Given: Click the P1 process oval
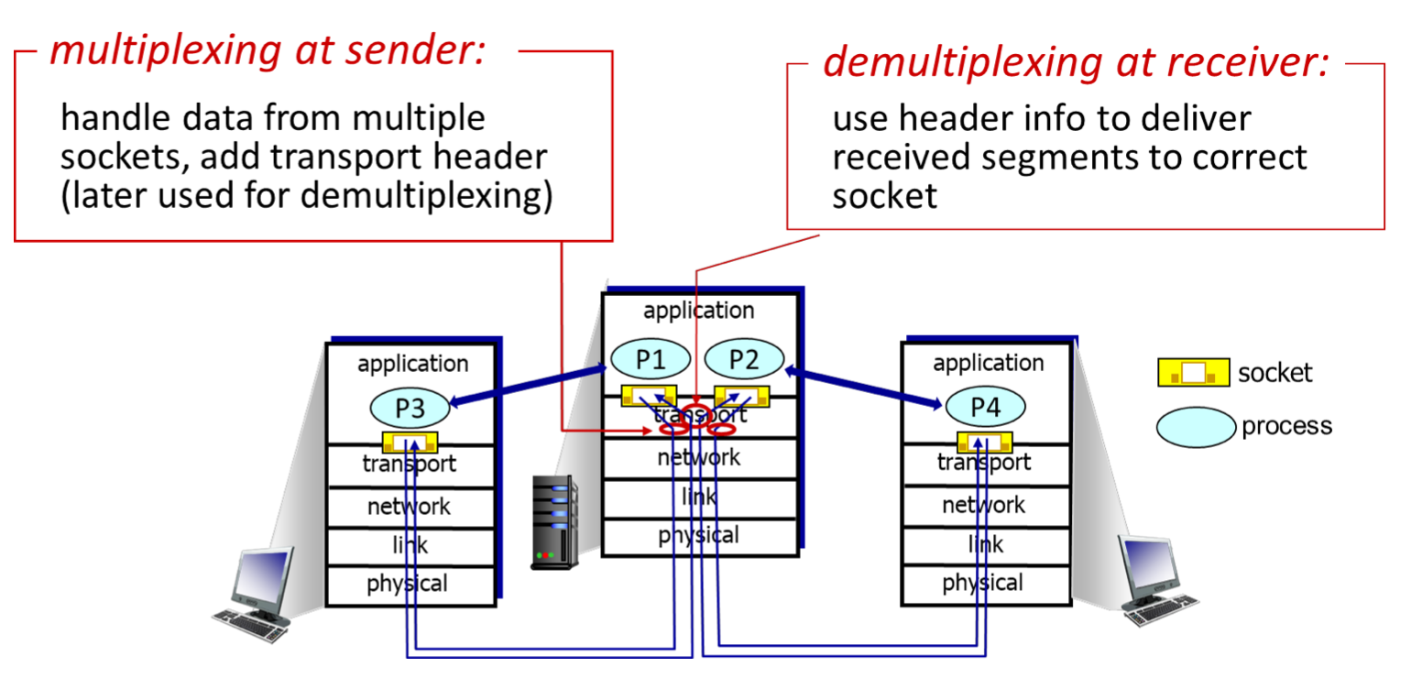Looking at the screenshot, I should (x=650, y=359).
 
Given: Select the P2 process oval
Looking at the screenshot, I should (x=744, y=359).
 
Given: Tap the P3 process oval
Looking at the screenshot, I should (x=410, y=409).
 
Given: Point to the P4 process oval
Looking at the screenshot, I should (x=985, y=408).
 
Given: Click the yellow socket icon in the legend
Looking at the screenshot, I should (x=1193, y=373).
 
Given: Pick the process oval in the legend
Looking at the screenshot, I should (x=1196, y=426).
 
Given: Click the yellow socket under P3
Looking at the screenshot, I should (x=410, y=443).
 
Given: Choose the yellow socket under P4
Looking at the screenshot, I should (x=985, y=442).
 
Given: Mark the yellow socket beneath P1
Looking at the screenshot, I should (x=650, y=396).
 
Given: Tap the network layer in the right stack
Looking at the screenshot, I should (x=984, y=505).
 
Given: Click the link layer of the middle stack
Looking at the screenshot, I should (x=699, y=498).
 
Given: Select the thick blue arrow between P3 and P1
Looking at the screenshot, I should (x=528, y=385).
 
